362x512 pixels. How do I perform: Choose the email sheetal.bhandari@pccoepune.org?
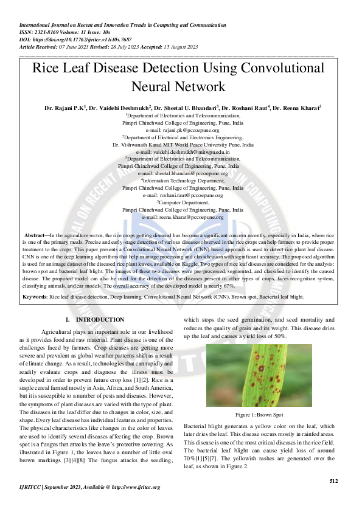(x=183, y=173)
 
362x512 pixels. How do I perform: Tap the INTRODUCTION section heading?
(x=98, y=320)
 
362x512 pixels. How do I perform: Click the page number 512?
(x=333, y=480)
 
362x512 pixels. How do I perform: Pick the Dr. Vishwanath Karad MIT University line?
(x=183, y=145)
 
